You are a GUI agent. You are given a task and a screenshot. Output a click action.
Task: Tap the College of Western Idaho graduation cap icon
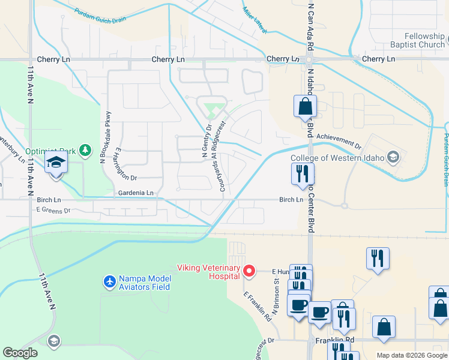(393, 157)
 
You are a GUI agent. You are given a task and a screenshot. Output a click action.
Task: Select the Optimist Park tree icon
(86, 149)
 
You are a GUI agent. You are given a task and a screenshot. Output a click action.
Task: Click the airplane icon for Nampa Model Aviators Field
(109, 281)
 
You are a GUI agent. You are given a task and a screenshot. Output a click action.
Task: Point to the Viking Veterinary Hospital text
(208, 272)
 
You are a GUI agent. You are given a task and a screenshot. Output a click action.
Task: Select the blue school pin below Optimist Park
(56, 163)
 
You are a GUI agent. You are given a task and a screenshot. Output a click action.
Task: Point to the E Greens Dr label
(53, 210)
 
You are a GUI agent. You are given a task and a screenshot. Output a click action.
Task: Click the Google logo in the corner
(20, 353)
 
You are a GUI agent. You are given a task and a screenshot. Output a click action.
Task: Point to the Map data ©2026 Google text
(411, 355)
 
